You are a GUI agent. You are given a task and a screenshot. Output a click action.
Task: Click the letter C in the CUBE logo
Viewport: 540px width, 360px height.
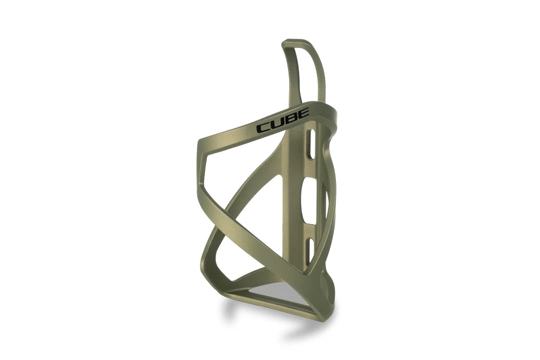(x=263, y=128)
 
